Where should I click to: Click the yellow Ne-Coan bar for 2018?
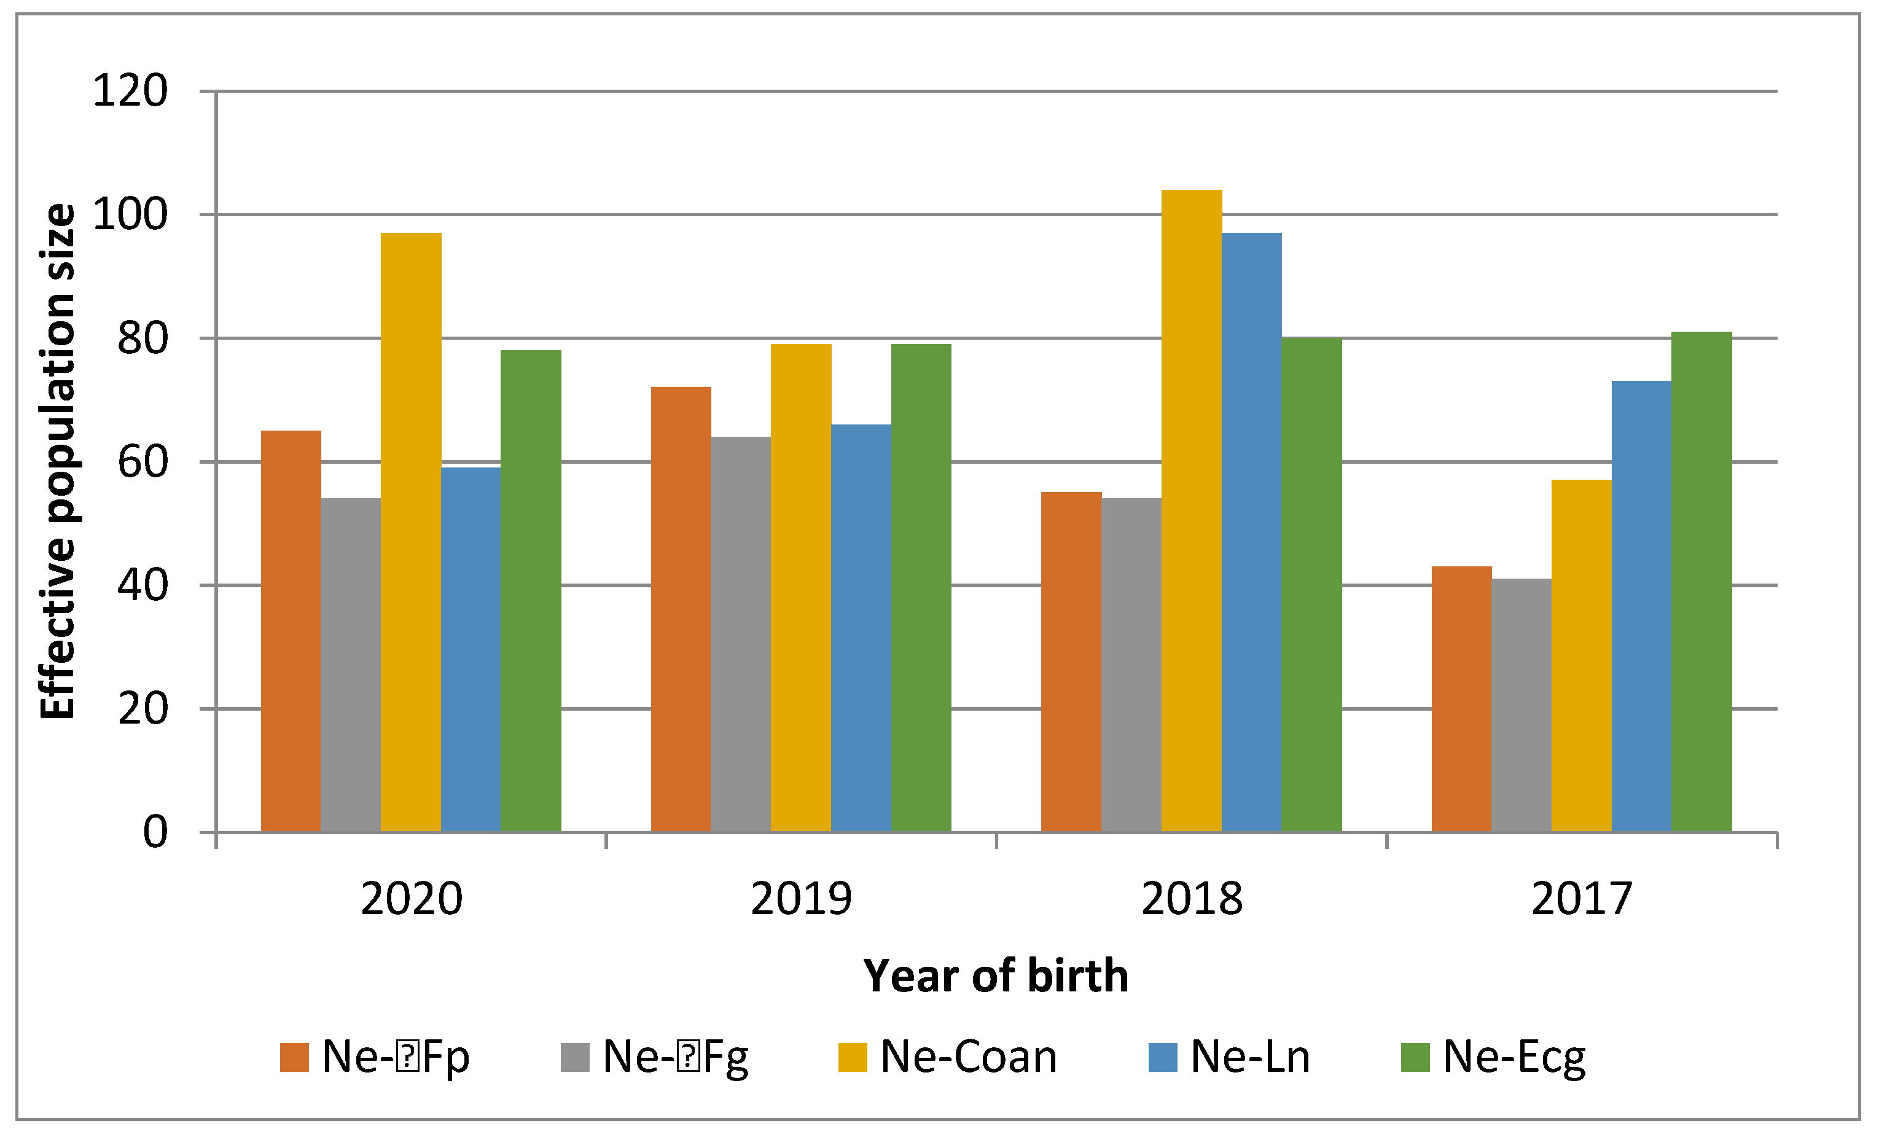pyautogui.click(x=1191, y=512)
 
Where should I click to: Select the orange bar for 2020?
pyautogui.click(x=291, y=632)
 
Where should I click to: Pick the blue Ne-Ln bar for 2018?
pyautogui.click(x=1251, y=533)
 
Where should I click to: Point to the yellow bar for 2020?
pyautogui.click(x=411, y=533)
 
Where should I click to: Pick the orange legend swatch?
pyautogui.click(x=294, y=1058)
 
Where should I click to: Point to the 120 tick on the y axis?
pyautogui.click(x=130, y=92)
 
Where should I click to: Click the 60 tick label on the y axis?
pyautogui.click(x=143, y=462)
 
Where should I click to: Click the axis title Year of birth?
pyautogui.click(x=995, y=976)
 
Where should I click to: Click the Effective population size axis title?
pyautogui.click(x=58, y=461)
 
